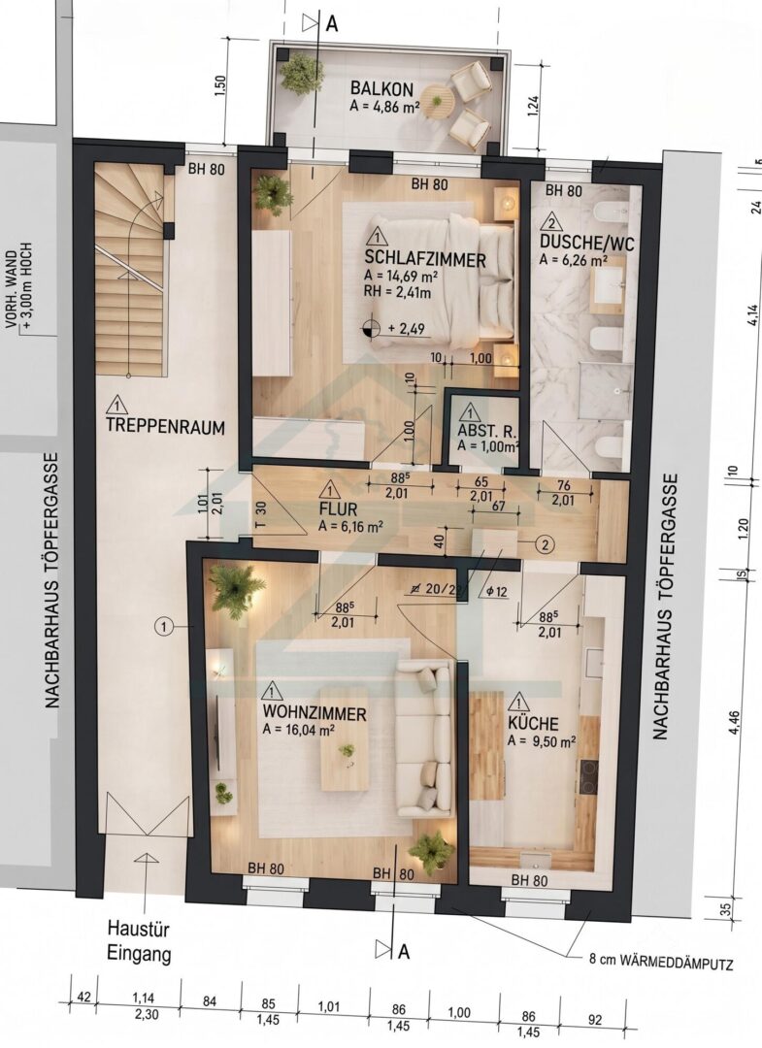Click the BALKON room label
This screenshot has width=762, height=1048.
click(381, 89)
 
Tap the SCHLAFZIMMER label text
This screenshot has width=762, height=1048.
click(425, 259)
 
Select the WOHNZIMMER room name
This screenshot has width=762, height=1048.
click(315, 714)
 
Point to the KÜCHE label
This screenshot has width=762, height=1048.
click(533, 724)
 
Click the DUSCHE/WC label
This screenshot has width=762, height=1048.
click(586, 242)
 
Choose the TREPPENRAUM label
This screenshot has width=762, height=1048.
click(165, 427)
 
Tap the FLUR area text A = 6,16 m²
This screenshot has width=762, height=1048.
click(350, 526)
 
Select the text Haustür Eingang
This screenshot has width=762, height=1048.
click(139, 941)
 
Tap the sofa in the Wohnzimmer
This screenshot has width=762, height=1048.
click(425, 738)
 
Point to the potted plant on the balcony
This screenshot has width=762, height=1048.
click(301, 71)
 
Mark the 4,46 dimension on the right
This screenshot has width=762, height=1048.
click(735, 723)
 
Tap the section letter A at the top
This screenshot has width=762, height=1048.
click(332, 23)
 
